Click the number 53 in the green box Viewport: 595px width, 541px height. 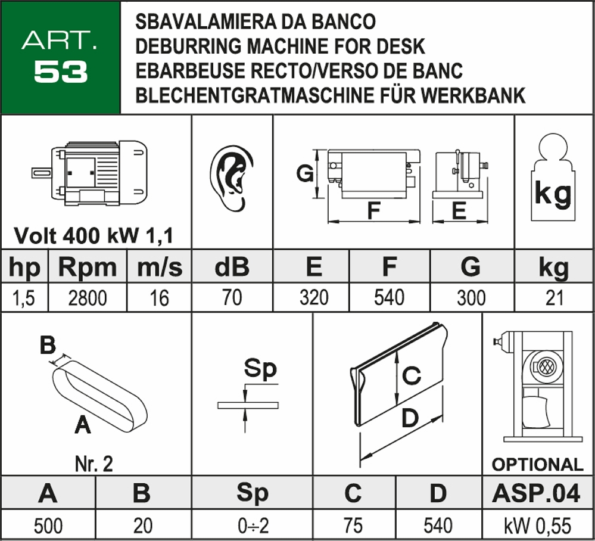coord(61,72)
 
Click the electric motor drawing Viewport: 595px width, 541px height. coord(89,173)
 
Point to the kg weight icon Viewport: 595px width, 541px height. coord(553,179)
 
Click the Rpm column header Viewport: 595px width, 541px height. coord(87,268)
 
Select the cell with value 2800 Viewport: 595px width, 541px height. coord(87,297)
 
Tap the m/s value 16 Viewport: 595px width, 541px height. coord(159,297)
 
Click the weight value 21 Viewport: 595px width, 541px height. coord(554,297)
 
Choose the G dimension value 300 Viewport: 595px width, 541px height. coord(471,297)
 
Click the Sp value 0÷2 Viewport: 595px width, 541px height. coord(253,526)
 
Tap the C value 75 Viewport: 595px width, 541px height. coord(353,526)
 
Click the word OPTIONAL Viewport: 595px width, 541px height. coord(537,464)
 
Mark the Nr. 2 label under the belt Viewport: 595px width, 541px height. coord(94,464)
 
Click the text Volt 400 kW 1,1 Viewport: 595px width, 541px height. coord(94,236)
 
